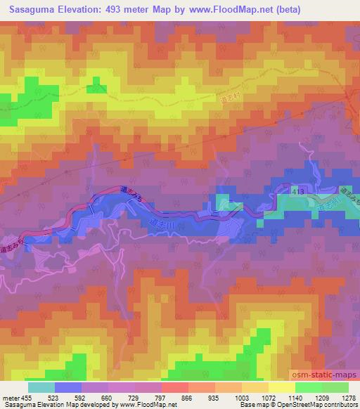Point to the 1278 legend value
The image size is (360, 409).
pyautogui.click(x=349, y=397)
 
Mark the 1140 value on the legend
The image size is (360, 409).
pyautogui.click(x=296, y=397)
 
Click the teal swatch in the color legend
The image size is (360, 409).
pyautogui.click(x=41, y=387)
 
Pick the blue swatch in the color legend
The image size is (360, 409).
pyautogui.click(x=68, y=387)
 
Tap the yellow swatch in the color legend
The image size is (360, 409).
pyautogui.click(x=282, y=387)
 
